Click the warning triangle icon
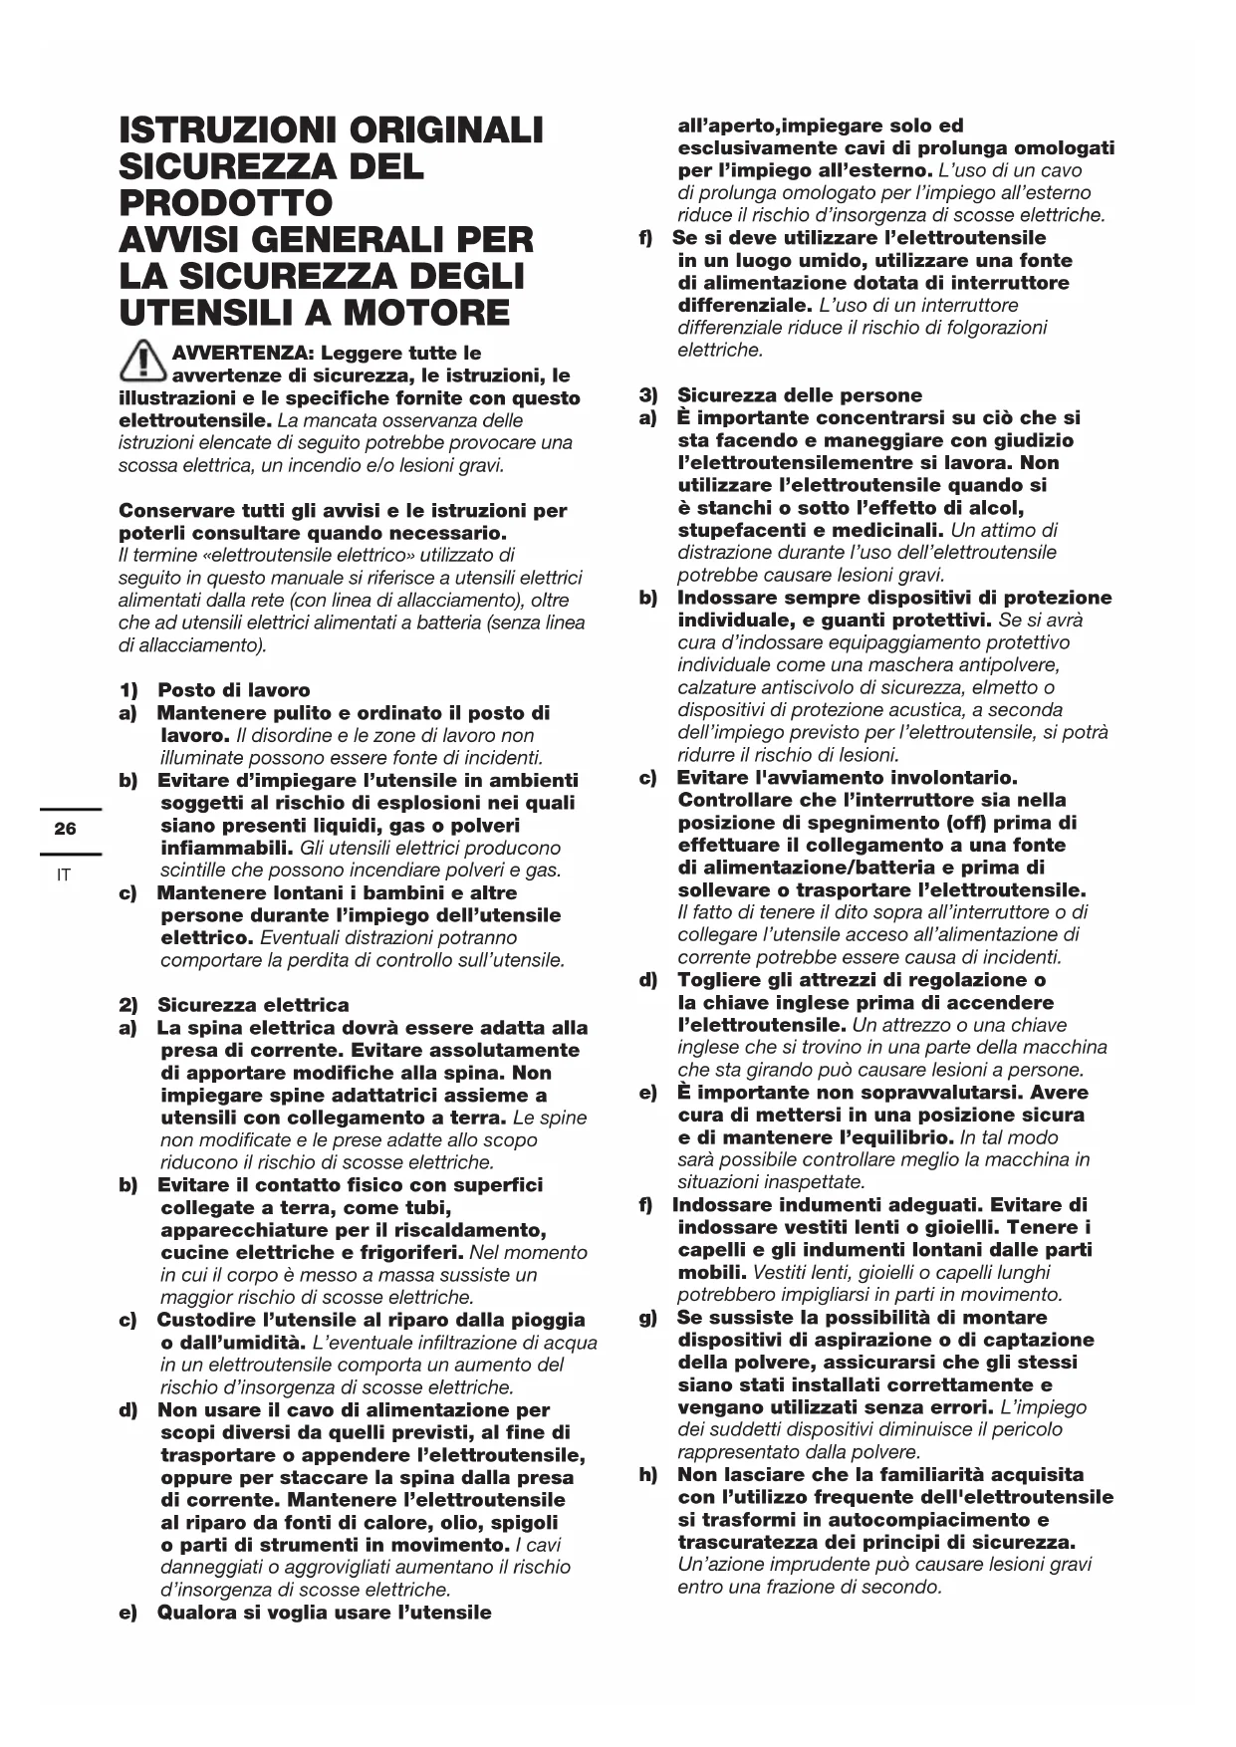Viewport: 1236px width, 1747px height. click(142, 362)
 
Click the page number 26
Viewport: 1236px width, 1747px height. click(65, 829)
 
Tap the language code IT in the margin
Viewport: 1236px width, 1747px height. click(64, 875)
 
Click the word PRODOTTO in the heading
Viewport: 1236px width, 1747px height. click(225, 203)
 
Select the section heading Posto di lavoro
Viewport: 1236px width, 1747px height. click(233, 689)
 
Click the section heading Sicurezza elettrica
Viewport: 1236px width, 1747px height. click(253, 1004)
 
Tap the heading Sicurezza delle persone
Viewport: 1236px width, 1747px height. click(800, 395)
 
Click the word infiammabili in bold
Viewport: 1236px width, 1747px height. click(226, 849)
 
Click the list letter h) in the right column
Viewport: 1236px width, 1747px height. click(648, 1475)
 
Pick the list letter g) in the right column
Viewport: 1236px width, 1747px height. click(648, 1318)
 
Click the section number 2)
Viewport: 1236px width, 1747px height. click(128, 1005)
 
